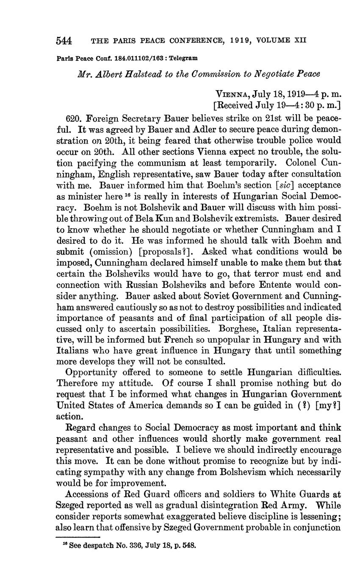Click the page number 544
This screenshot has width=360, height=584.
point(64,41)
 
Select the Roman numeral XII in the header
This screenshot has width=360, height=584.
point(298,41)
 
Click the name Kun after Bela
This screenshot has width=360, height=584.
point(189,219)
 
